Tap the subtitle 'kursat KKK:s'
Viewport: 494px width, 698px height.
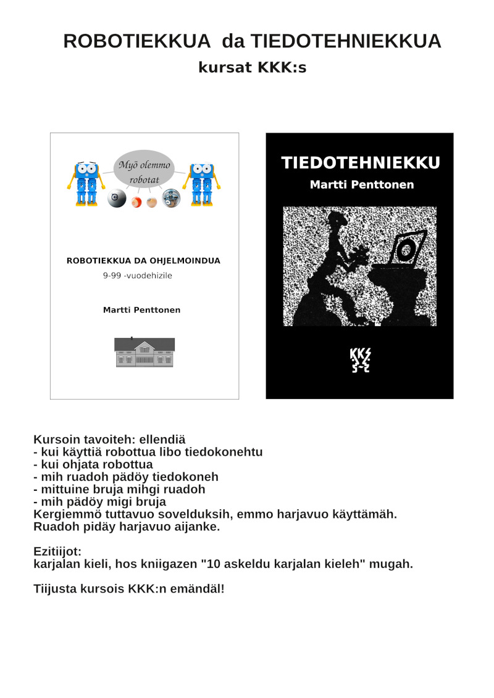click(x=252, y=68)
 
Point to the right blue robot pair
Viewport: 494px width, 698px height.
click(x=202, y=183)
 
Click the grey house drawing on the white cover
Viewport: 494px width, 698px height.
click(x=144, y=353)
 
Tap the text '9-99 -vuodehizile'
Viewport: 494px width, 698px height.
click(x=137, y=276)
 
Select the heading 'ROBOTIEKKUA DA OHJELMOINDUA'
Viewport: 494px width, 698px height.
click(x=143, y=261)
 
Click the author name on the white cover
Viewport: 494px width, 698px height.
click(x=141, y=310)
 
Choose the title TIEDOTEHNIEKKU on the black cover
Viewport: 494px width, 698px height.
click(x=361, y=163)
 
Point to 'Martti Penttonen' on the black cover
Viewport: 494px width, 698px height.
click(x=362, y=185)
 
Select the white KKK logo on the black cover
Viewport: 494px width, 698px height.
click(x=360, y=361)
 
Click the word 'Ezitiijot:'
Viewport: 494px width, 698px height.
click(x=57, y=551)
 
